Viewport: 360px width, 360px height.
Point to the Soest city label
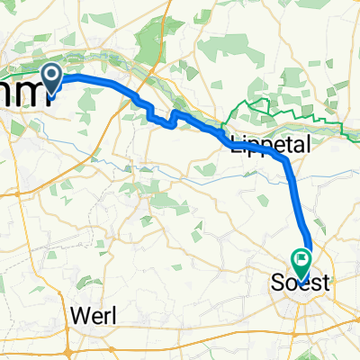(x=301, y=283)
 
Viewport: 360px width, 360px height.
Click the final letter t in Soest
(x=326, y=283)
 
